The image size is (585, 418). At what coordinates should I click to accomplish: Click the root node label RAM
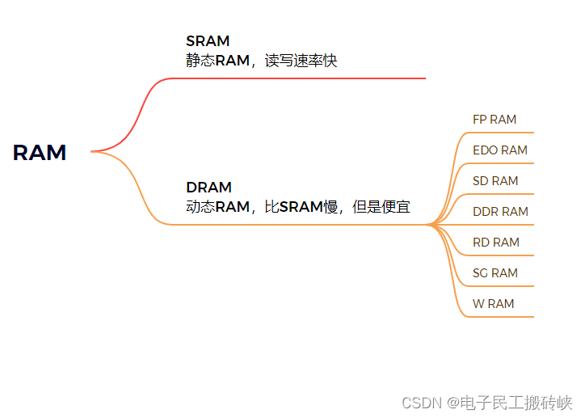click(x=40, y=152)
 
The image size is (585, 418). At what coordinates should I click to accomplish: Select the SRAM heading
click(x=208, y=41)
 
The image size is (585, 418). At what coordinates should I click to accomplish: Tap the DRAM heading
click(x=208, y=188)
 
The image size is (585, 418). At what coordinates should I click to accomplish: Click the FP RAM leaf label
click(x=495, y=120)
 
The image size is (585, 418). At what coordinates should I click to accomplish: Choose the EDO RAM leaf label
click(x=499, y=150)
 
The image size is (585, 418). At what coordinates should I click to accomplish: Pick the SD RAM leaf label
click(x=495, y=181)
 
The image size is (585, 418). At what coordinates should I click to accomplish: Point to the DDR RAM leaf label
click(x=500, y=212)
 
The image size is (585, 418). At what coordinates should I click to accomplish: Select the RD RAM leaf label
click(x=495, y=243)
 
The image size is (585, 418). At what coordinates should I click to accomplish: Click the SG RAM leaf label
click(x=495, y=273)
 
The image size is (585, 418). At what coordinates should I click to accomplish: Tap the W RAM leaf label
click(x=493, y=304)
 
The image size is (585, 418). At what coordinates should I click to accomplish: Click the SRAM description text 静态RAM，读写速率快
click(x=261, y=61)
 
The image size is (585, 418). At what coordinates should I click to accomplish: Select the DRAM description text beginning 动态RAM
click(x=297, y=207)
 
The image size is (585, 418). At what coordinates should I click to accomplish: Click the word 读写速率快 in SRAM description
click(x=301, y=61)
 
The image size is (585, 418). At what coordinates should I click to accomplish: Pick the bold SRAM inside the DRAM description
click(x=301, y=207)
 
